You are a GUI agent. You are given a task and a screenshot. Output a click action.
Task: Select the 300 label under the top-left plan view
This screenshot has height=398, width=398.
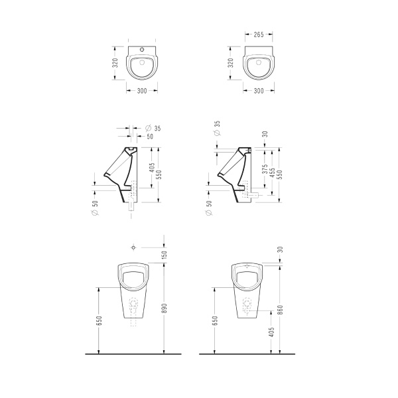(x=142, y=90)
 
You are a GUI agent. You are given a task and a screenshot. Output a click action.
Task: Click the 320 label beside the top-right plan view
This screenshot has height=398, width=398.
(x=231, y=63)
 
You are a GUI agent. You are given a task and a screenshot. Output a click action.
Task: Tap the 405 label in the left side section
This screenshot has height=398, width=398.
(x=152, y=168)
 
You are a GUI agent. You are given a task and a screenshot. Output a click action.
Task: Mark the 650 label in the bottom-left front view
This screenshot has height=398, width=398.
(x=98, y=320)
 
